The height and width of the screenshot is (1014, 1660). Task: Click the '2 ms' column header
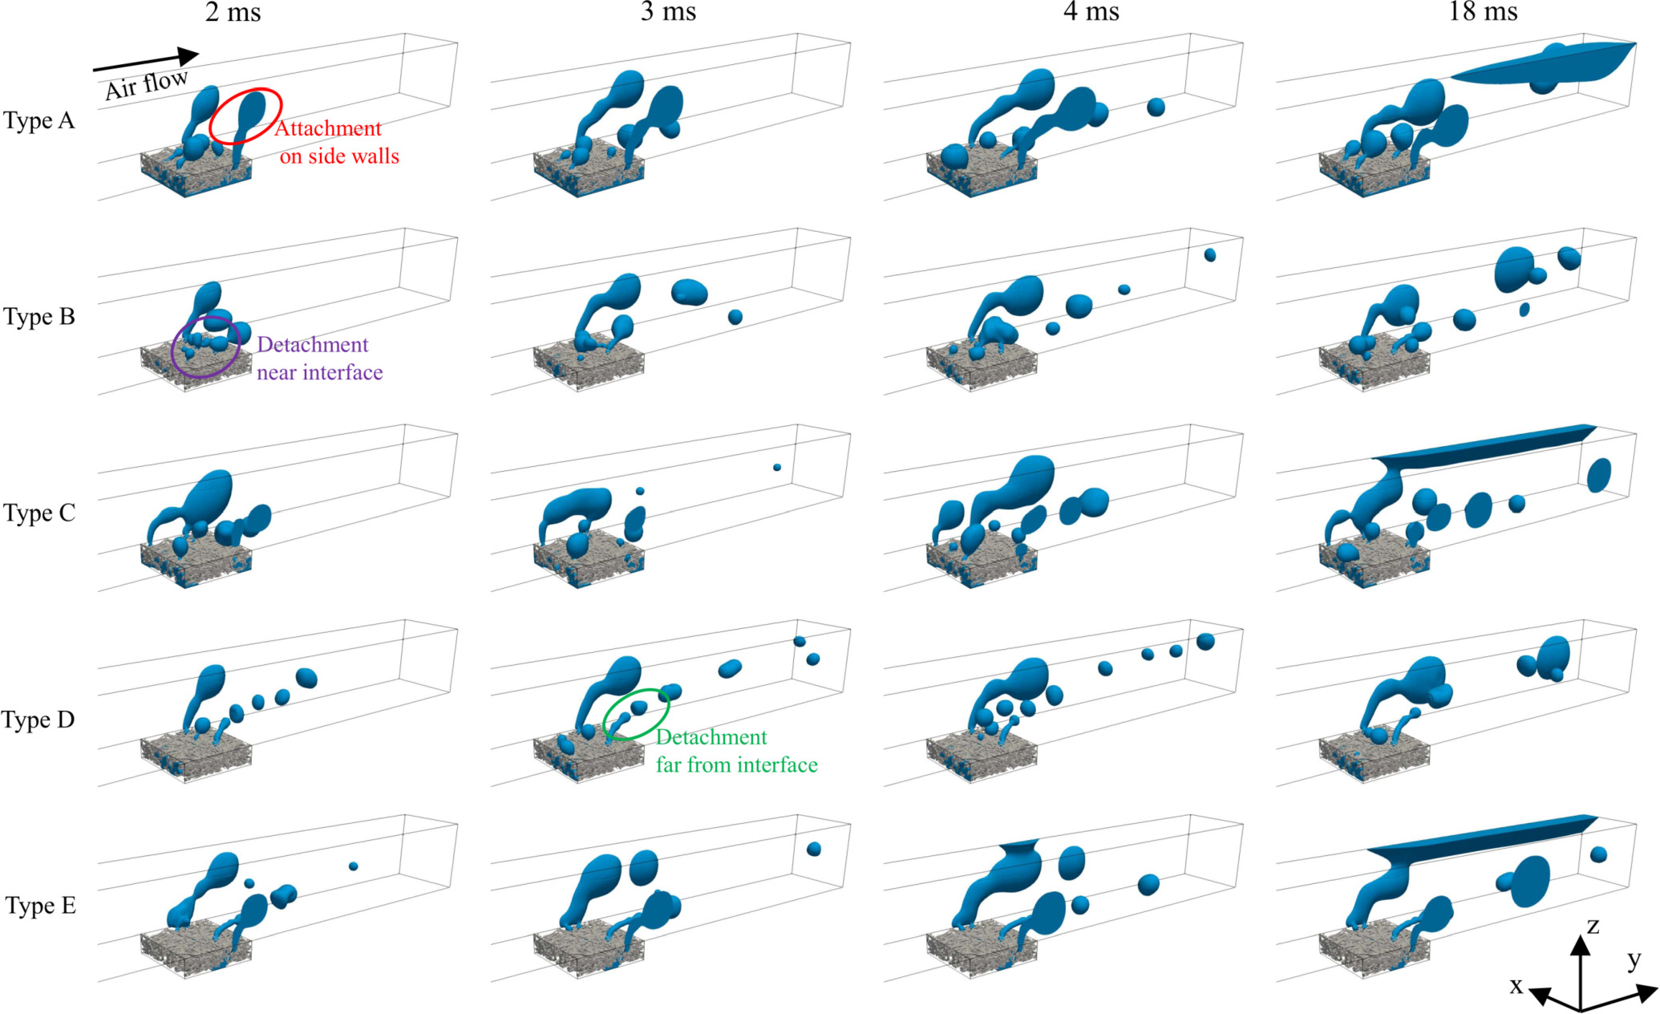pyautogui.click(x=233, y=12)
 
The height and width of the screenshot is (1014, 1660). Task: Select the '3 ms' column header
pyautogui.click(x=668, y=12)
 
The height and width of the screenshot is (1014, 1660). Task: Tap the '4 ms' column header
pyautogui.click(x=1091, y=12)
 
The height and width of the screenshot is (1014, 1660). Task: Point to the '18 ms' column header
pyautogui.click(x=1483, y=12)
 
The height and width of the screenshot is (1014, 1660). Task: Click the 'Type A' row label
pyautogui.click(x=38, y=121)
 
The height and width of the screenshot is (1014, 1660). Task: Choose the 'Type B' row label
pyautogui.click(x=38, y=317)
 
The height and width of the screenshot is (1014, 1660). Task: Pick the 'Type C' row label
pyautogui.click(x=38, y=513)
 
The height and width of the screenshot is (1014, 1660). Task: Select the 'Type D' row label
pyautogui.click(x=38, y=720)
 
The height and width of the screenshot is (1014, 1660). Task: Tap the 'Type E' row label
pyautogui.click(x=40, y=907)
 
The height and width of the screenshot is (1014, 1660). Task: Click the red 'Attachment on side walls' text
pyautogui.click(x=337, y=142)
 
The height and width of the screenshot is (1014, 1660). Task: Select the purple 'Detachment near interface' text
pyautogui.click(x=319, y=359)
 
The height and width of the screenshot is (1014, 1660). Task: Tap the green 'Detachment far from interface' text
pyautogui.click(x=736, y=751)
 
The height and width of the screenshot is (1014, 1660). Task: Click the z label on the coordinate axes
pyautogui.click(x=1593, y=927)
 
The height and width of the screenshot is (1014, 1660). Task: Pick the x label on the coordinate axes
pyautogui.click(x=1516, y=985)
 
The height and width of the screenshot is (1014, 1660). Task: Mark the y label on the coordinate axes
pyautogui.click(x=1634, y=959)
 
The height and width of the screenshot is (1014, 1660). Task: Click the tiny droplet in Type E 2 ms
pyautogui.click(x=354, y=866)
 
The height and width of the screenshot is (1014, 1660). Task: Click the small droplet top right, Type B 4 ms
pyautogui.click(x=1210, y=255)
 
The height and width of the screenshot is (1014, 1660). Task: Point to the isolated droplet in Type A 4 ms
pyautogui.click(x=1156, y=107)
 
